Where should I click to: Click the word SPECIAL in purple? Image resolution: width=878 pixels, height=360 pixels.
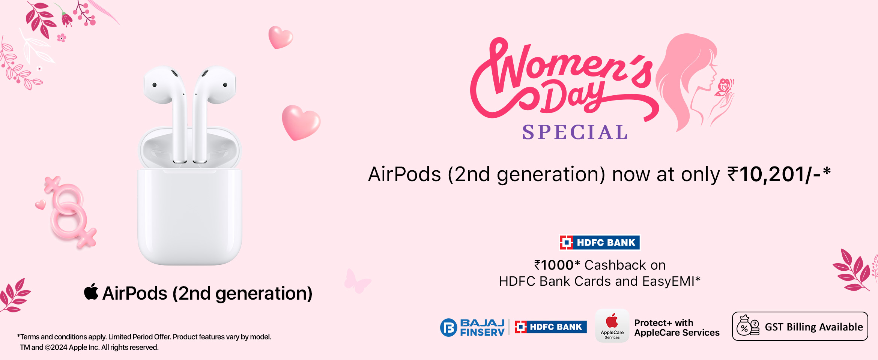(x=575, y=132)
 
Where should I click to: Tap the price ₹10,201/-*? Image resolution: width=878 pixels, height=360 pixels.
(x=779, y=174)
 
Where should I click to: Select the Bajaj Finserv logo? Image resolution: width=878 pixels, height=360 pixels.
(x=472, y=327)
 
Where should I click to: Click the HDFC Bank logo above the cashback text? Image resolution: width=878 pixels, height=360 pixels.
(x=600, y=243)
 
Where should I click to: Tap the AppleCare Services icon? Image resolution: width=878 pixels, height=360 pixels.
(x=612, y=325)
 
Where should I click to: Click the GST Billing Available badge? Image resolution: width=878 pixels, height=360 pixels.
(x=800, y=326)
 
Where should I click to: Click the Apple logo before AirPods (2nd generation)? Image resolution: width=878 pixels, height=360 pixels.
(x=91, y=292)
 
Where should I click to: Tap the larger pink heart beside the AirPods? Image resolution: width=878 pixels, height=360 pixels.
(x=301, y=122)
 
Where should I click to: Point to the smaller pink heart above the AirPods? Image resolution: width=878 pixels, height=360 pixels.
(x=280, y=37)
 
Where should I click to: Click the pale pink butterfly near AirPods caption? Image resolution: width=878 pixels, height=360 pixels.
(x=357, y=281)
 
